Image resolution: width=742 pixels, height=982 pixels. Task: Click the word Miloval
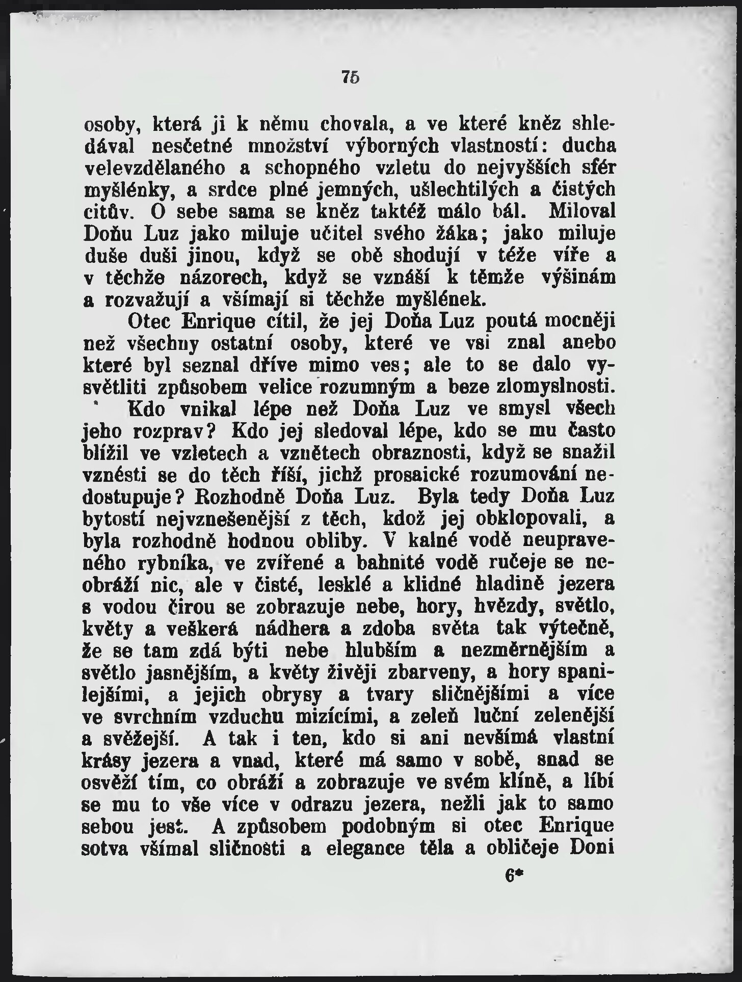click(581, 211)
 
